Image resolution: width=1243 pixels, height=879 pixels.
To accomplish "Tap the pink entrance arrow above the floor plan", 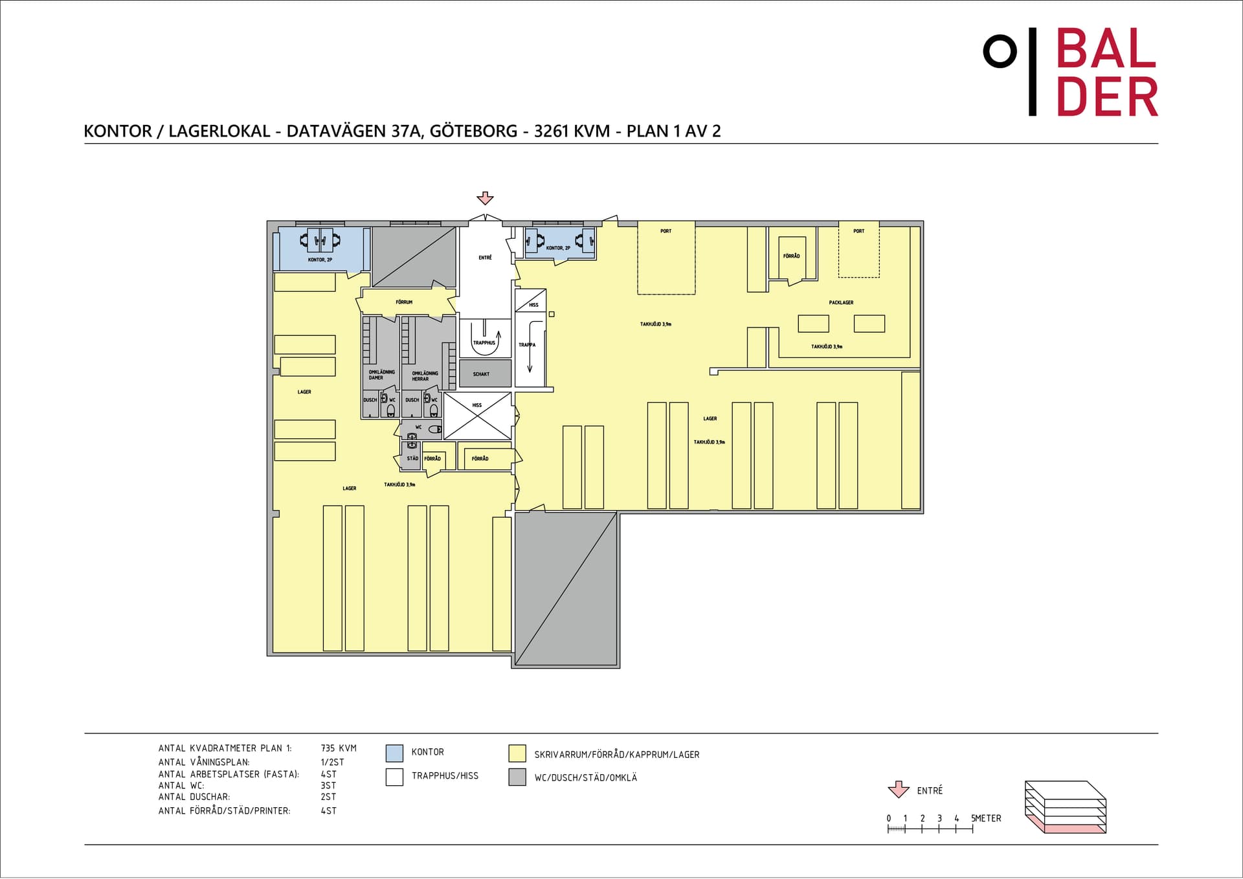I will pyautogui.click(x=485, y=198).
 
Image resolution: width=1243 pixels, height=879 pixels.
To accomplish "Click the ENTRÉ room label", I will pyautogui.click(x=485, y=258).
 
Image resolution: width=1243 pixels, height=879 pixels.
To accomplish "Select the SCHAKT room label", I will pyautogui.click(x=481, y=374).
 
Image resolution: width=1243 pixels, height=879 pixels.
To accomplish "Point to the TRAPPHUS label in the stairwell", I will pyautogui.click(x=484, y=343).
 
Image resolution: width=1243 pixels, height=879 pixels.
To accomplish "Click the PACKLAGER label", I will pyautogui.click(x=841, y=302).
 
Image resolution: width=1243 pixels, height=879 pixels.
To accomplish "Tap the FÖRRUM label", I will pyautogui.click(x=404, y=302).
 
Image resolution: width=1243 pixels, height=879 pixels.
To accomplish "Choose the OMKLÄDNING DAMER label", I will pyautogui.click(x=381, y=375).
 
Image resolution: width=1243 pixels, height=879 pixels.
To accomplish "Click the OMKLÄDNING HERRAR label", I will pyautogui.click(x=425, y=376).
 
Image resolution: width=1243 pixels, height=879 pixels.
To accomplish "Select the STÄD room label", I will pyautogui.click(x=412, y=458).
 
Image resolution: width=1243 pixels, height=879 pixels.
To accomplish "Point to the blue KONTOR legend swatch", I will pyautogui.click(x=394, y=753).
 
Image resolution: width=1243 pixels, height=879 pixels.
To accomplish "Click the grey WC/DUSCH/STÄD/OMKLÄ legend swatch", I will pyautogui.click(x=517, y=777).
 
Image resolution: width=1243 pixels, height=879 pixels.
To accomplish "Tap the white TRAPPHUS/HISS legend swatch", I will pyautogui.click(x=394, y=777).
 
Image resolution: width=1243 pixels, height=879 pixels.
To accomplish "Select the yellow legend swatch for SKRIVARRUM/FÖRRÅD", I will pyautogui.click(x=517, y=753).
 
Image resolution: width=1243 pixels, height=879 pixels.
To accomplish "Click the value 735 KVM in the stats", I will pyautogui.click(x=339, y=748).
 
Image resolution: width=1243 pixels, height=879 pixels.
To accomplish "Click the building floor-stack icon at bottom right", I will pyautogui.click(x=1065, y=807).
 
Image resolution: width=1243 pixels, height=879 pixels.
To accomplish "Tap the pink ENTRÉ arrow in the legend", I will pyautogui.click(x=898, y=790).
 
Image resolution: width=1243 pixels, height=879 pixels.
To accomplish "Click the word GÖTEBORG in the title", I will pyautogui.click(x=473, y=131).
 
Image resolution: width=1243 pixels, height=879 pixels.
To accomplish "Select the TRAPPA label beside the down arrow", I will pyautogui.click(x=527, y=345).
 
